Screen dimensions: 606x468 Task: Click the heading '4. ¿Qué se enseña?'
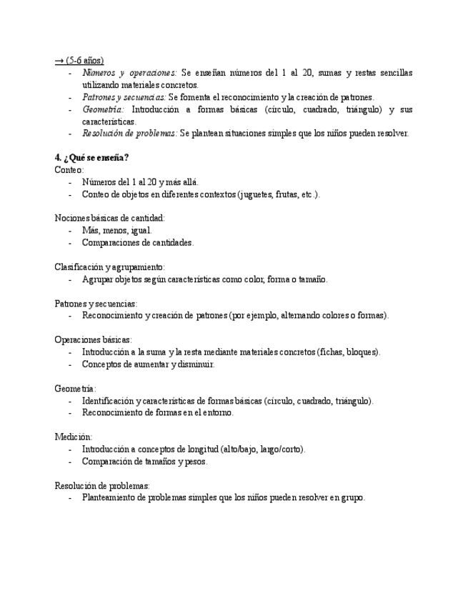pyautogui.click(x=91, y=157)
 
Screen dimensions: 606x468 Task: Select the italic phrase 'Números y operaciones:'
pyautogui.click(x=129, y=73)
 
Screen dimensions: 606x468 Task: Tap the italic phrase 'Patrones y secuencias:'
pyautogui.click(x=124, y=97)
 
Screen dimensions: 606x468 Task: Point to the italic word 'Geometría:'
pyautogui.click(x=103, y=109)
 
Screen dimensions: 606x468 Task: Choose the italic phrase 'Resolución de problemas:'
pyautogui.click(x=129, y=133)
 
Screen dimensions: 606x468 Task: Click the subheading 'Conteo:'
pyautogui.click(x=69, y=169)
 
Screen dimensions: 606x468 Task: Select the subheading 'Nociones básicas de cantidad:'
pyautogui.click(x=110, y=218)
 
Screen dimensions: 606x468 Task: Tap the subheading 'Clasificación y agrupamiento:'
pyautogui.click(x=110, y=267)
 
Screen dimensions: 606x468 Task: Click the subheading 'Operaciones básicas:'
pyautogui.click(x=93, y=339)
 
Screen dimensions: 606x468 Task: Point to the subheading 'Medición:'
pyautogui.click(x=73, y=437)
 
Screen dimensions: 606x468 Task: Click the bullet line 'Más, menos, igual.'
pyautogui.click(x=116, y=230)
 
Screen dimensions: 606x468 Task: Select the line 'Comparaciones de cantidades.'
pyautogui.click(x=137, y=242)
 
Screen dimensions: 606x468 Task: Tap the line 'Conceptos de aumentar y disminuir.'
pyautogui.click(x=148, y=364)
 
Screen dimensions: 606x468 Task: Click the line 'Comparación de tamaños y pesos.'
pyautogui.click(x=144, y=461)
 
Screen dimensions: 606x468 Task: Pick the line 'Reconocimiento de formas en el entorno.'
pyautogui.click(x=157, y=412)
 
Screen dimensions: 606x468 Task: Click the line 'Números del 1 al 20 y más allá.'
pyautogui.click(x=141, y=182)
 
